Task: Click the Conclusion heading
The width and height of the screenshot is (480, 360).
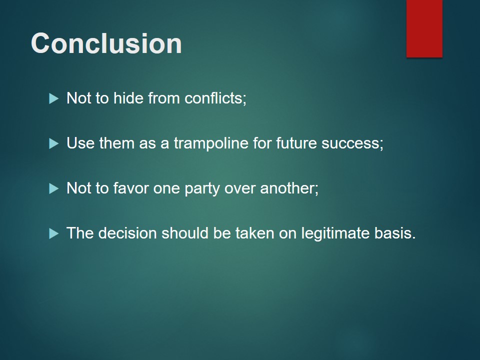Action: click(x=106, y=43)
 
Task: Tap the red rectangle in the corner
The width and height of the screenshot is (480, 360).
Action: click(x=424, y=28)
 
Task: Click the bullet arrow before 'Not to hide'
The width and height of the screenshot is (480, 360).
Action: click(x=53, y=98)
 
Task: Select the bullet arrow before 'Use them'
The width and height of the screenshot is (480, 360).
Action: click(x=53, y=143)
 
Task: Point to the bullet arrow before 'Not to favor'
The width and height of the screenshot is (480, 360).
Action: click(x=53, y=188)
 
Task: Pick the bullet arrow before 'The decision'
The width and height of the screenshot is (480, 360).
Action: click(x=53, y=233)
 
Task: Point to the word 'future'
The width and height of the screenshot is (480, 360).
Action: click(x=296, y=143)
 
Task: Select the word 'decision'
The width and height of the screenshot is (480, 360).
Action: click(x=127, y=233)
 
